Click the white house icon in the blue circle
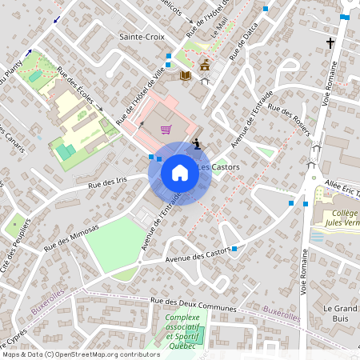tap(179, 173)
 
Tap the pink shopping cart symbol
tap(166, 129)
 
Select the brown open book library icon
tap(186, 75)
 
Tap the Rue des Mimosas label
tap(71, 239)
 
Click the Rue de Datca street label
tap(244, 43)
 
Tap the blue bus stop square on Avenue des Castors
tap(234, 250)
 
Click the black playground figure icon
tap(197, 145)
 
